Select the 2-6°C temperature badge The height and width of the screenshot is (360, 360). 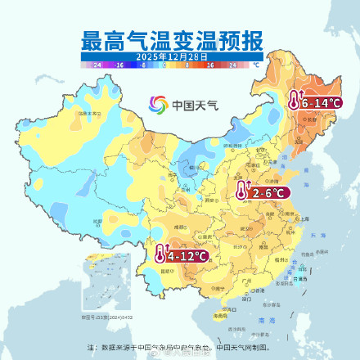(x=268, y=192)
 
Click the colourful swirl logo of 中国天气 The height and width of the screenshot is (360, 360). (x=158, y=105)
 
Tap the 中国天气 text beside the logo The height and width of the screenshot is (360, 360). (x=191, y=106)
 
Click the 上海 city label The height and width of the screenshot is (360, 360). (x=304, y=219)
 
